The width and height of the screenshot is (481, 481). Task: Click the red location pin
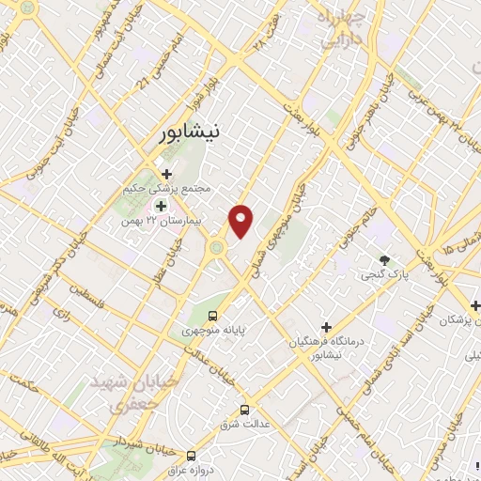tap(242, 220)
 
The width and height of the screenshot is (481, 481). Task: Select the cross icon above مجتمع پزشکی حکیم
tap(167, 173)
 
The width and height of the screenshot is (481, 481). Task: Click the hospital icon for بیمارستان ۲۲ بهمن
tap(160, 206)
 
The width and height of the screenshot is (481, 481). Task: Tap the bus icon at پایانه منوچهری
tap(213, 316)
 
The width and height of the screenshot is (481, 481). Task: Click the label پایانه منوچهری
tap(212, 331)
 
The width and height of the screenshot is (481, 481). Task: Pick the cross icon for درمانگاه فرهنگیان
tap(326, 327)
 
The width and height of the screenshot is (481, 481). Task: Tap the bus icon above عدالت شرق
tap(245, 409)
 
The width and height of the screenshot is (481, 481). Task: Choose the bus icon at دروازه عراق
tap(191, 452)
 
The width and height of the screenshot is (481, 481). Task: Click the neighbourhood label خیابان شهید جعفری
tap(116, 394)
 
